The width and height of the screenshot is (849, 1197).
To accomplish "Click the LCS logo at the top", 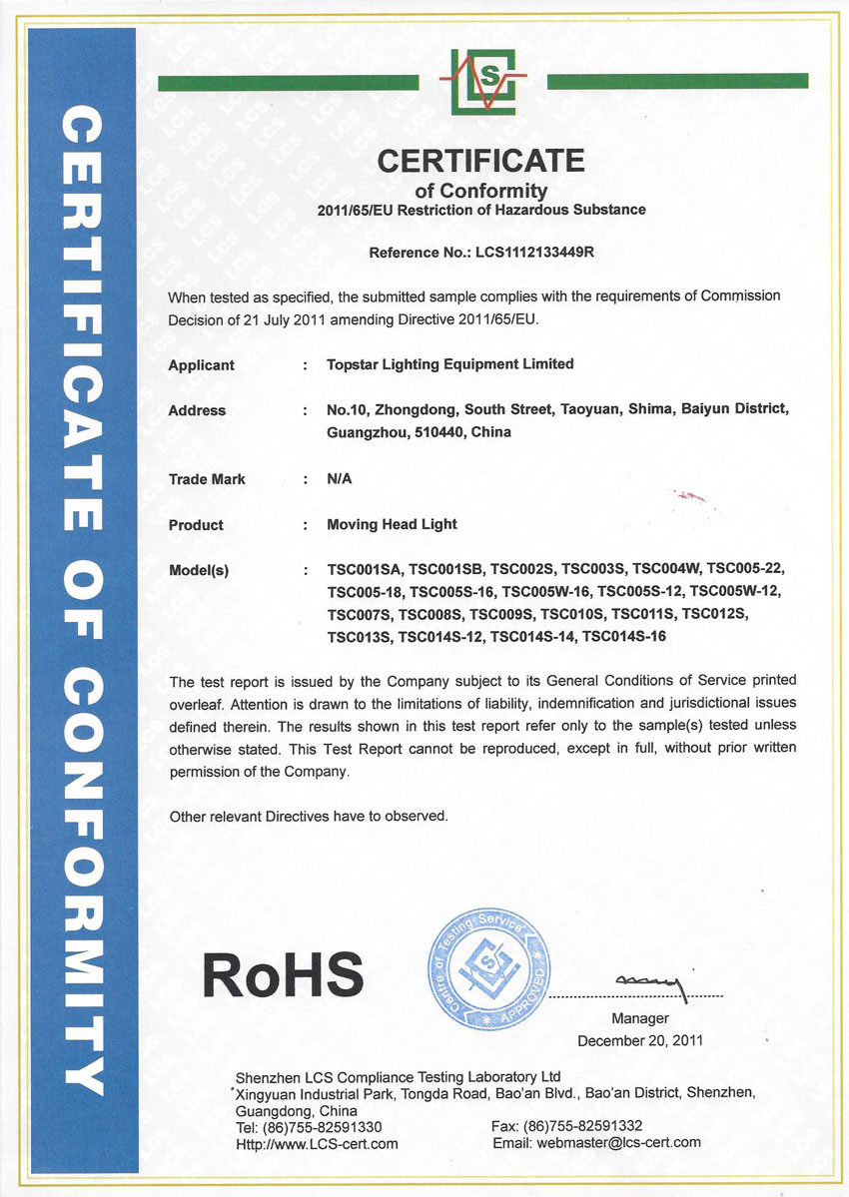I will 481,81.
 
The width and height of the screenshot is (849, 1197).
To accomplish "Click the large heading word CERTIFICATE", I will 480,161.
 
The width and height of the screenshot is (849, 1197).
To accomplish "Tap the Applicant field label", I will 201,365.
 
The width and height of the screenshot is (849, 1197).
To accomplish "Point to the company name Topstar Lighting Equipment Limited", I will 450,364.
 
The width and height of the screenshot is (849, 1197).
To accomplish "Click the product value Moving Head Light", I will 392,525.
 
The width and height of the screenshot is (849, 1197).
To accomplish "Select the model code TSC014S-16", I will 624,636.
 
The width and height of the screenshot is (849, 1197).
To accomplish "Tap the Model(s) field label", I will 199,571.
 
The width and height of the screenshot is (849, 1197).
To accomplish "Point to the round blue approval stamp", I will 487,968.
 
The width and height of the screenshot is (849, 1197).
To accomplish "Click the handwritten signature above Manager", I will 650,985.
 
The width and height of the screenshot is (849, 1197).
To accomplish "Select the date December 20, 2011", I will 640,1040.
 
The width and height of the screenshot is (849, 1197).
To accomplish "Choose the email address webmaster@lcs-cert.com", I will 618,1143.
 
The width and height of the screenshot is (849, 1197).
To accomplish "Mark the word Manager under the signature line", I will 640,1019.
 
